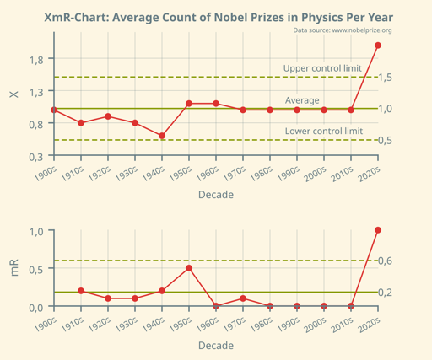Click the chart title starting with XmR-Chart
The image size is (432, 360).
[218, 17]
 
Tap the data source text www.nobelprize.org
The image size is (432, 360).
[343, 30]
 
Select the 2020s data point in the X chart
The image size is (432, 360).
[378, 46]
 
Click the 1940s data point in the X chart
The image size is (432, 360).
[162, 136]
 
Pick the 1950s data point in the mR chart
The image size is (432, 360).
[189, 268]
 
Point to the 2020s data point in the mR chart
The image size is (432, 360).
[378, 230]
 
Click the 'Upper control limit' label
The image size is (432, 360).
[322, 68]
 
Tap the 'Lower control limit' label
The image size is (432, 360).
[324, 132]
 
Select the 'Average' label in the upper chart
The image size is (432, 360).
[302, 100]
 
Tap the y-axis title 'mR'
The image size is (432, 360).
[13, 268]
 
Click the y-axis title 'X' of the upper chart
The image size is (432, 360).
[13, 93]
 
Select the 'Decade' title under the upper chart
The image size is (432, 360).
[216, 195]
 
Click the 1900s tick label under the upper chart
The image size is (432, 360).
[44, 171]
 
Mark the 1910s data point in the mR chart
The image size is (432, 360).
[81, 291]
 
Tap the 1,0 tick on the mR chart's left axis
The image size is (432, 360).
[35, 231]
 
